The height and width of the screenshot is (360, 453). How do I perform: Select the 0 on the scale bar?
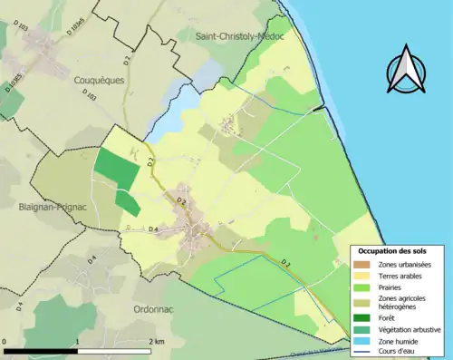pyautogui.click(x=5, y=342)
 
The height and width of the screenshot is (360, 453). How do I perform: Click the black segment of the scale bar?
pyautogui.click(x=41, y=350)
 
